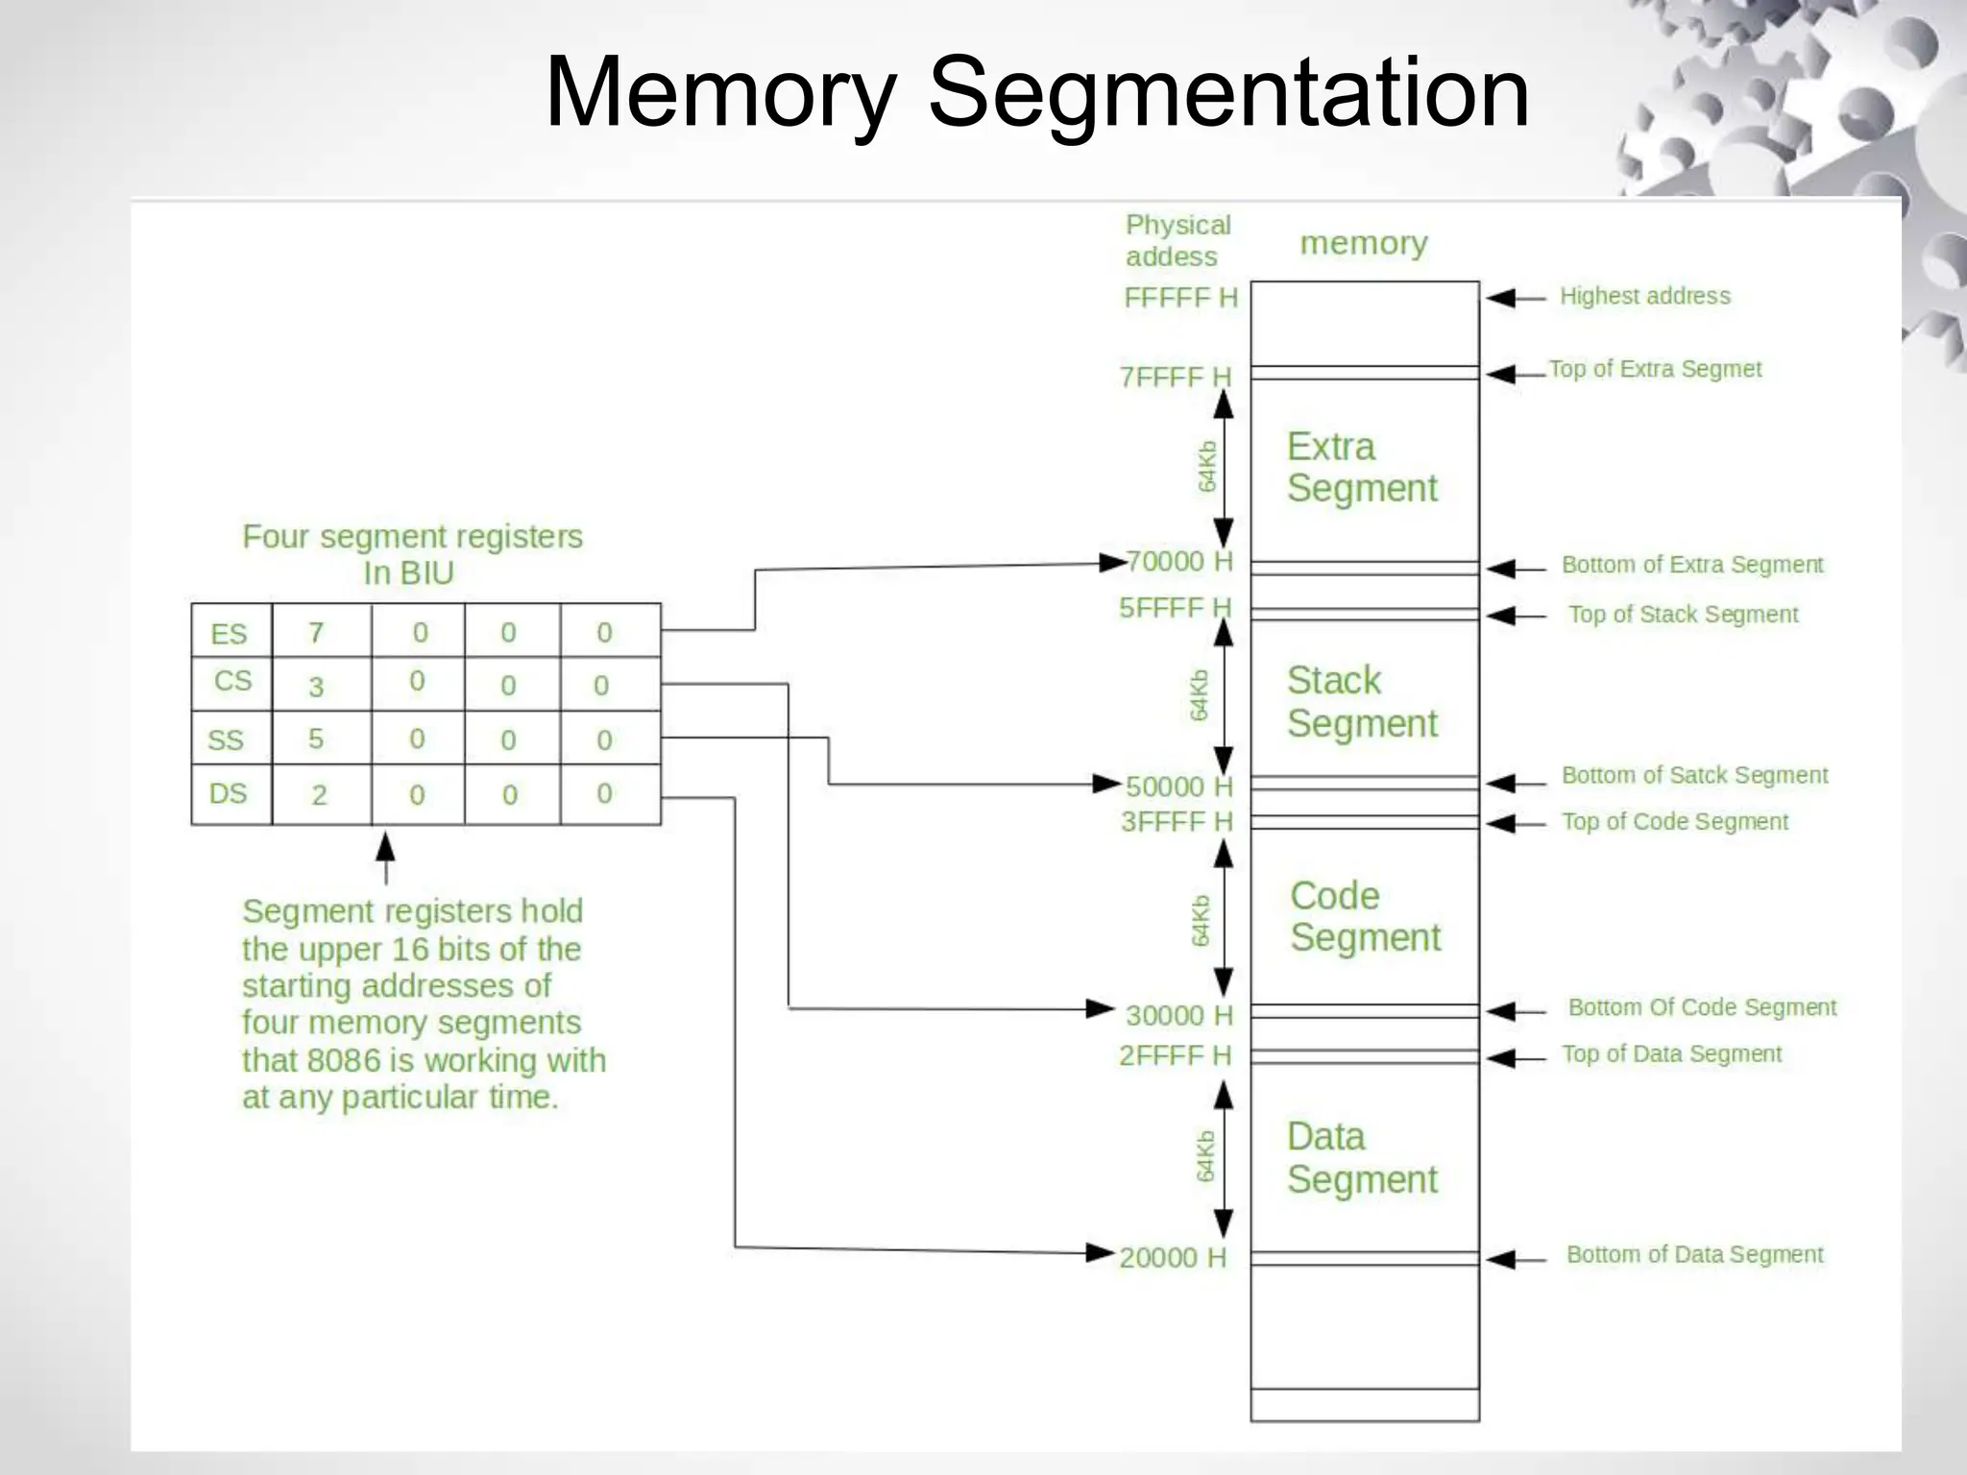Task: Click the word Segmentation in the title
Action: (1228, 93)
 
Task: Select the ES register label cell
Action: (230, 634)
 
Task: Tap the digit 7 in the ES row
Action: (316, 633)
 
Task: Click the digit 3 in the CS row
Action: (316, 687)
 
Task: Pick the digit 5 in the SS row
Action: (316, 739)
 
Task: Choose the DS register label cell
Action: (229, 794)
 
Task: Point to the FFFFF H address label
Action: (1180, 298)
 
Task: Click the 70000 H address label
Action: (1179, 561)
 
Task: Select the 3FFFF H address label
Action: (1177, 822)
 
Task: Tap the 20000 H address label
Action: (1173, 1258)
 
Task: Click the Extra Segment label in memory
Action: (1361, 468)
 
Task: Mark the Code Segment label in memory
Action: (1364, 917)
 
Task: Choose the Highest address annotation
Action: (1644, 296)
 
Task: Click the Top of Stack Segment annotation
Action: (1683, 615)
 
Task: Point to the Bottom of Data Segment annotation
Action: (1694, 1255)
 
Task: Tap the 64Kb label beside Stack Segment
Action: (1200, 695)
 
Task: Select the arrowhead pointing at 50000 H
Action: (1106, 785)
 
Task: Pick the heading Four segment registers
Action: (412, 537)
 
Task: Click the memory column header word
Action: (1363, 244)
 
